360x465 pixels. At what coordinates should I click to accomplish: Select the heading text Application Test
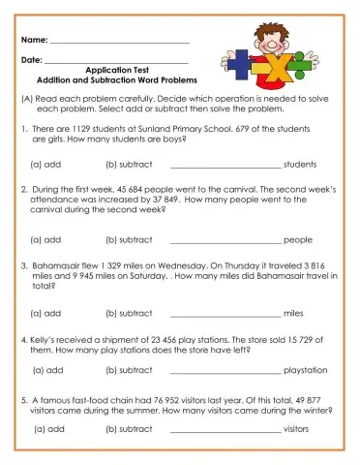coord(117,71)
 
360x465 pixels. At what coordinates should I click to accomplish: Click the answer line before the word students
coord(225,165)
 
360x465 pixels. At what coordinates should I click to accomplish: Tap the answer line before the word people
coord(225,239)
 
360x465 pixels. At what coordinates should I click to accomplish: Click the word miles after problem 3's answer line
coord(294,313)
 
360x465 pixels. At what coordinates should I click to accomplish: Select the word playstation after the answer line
coord(307,369)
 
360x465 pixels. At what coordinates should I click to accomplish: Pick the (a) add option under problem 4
coord(47,369)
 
